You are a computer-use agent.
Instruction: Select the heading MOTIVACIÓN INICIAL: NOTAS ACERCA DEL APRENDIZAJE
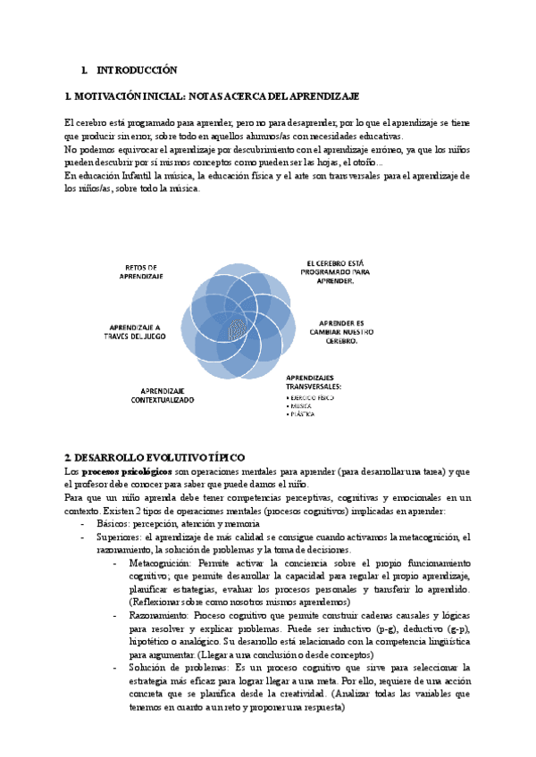pos(213,96)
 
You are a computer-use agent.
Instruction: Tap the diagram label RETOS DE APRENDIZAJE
pos(141,271)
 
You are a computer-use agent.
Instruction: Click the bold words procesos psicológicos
pos(127,470)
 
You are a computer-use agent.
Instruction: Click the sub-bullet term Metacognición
pos(159,564)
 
